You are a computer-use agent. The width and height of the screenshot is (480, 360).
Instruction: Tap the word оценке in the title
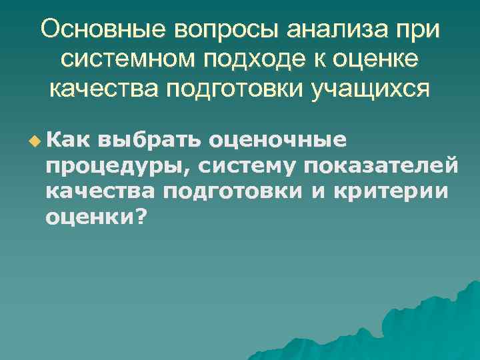377,61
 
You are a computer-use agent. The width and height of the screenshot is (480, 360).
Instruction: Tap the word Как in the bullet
70,140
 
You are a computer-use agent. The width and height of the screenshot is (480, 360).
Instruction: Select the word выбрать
151,141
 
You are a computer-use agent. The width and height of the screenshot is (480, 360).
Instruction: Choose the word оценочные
277,141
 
